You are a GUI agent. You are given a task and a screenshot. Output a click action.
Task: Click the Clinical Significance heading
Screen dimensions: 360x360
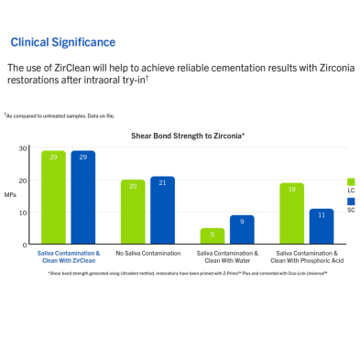tap(62, 42)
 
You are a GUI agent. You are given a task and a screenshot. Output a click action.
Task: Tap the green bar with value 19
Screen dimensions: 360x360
tap(292, 213)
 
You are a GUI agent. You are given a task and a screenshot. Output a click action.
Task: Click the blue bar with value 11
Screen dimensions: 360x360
tap(321, 226)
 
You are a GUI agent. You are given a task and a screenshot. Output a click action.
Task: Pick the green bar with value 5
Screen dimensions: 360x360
tap(213, 236)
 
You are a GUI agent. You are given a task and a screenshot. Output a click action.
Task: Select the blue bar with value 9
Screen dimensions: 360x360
tap(241, 230)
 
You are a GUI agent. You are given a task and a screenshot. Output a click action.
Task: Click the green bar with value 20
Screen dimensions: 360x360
tap(133, 212)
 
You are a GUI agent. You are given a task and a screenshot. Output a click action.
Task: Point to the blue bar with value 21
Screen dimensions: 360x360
tap(162, 211)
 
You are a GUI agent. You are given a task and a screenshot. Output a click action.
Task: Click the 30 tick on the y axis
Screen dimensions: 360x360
tap(23, 148)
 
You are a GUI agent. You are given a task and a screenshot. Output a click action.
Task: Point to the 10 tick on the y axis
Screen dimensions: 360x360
tap(23, 213)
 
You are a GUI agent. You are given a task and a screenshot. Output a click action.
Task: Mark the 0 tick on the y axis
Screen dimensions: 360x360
tap(26, 245)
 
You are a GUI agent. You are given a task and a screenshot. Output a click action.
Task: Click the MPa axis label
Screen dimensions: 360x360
tap(10, 194)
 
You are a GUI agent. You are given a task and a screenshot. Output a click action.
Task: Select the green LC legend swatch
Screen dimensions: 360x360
tap(351, 181)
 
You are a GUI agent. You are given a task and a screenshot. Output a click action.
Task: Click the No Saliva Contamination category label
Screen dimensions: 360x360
tap(147, 253)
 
